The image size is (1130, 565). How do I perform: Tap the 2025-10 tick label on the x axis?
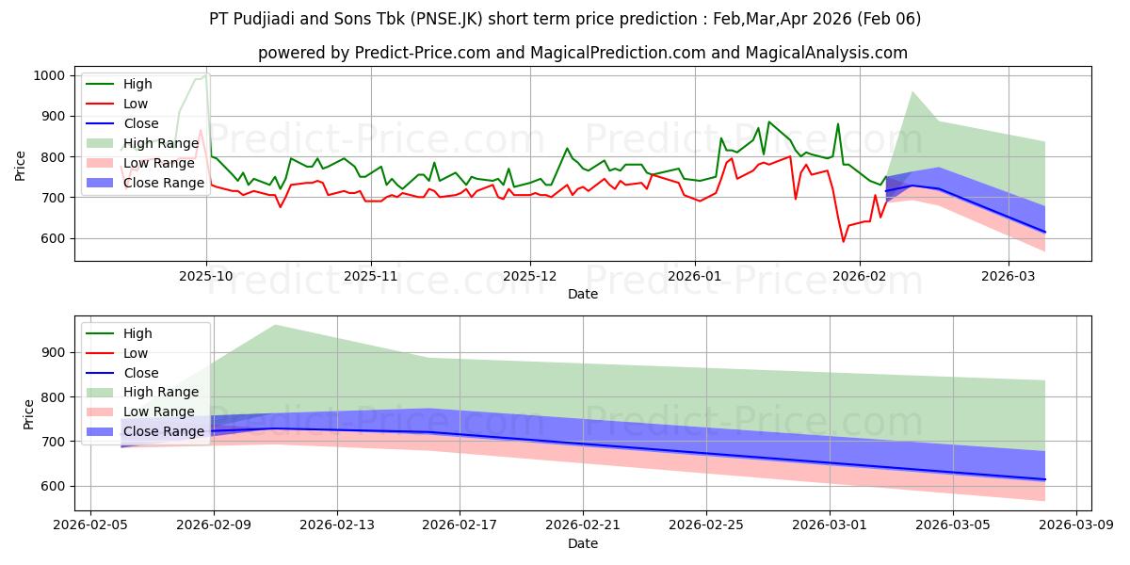(x=206, y=278)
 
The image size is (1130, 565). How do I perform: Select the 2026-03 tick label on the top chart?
(x=1009, y=278)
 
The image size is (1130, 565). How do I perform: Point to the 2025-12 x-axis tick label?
(x=530, y=278)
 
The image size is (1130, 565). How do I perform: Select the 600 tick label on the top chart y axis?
(x=54, y=238)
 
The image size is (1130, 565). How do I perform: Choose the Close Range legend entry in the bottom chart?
(x=140, y=431)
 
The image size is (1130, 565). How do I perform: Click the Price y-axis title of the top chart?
(x=21, y=164)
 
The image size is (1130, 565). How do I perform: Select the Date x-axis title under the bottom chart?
(x=583, y=543)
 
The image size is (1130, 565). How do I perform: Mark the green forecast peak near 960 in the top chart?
(x=912, y=91)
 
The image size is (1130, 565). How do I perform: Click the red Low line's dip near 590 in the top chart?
(x=844, y=242)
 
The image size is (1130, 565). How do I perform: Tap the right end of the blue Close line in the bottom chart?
(x=1044, y=479)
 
